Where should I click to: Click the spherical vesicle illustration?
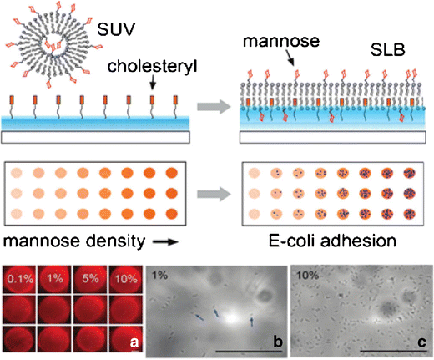pyautogui.click(x=57, y=48)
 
